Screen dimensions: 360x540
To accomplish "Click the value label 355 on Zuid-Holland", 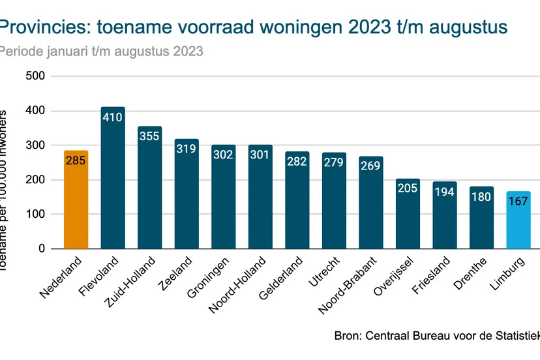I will coord(149,136).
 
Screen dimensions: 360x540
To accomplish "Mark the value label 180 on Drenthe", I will coord(481,196).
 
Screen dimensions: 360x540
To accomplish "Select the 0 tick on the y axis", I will coord(41,248).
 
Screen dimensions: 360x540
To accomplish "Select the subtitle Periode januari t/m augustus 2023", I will coord(101,51).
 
